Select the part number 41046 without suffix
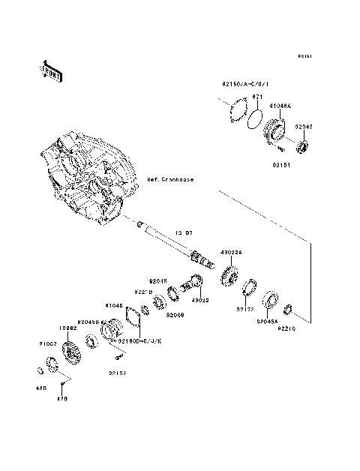click(x=113, y=305)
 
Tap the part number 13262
click(x=69, y=328)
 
